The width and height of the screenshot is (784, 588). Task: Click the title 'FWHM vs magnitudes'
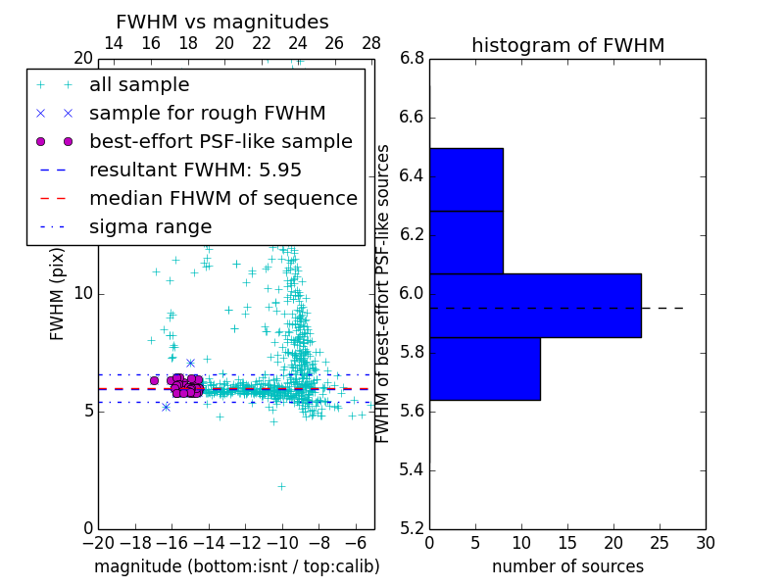[x=222, y=22]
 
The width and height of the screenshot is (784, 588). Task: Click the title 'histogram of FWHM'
[x=567, y=45]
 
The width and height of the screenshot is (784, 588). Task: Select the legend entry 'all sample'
[x=139, y=85]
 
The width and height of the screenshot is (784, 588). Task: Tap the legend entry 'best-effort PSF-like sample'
[x=220, y=142]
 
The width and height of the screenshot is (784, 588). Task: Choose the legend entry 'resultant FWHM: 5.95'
[x=195, y=170]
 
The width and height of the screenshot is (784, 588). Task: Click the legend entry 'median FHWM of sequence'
[x=222, y=198]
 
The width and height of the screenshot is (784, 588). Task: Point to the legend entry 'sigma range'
[x=150, y=226]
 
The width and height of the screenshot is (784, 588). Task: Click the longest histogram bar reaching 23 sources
[x=535, y=305]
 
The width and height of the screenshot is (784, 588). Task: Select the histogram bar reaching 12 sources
[x=484, y=368]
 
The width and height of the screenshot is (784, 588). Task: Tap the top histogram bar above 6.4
[x=465, y=179]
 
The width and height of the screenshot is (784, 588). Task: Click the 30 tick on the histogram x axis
[x=705, y=542]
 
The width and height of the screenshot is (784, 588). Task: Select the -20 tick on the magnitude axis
[x=98, y=542]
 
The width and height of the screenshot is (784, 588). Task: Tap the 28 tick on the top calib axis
[x=371, y=43]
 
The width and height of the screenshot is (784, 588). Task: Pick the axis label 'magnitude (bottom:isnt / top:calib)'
[x=236, y=566]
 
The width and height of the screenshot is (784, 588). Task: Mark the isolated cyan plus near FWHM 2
[x=281, y=486]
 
